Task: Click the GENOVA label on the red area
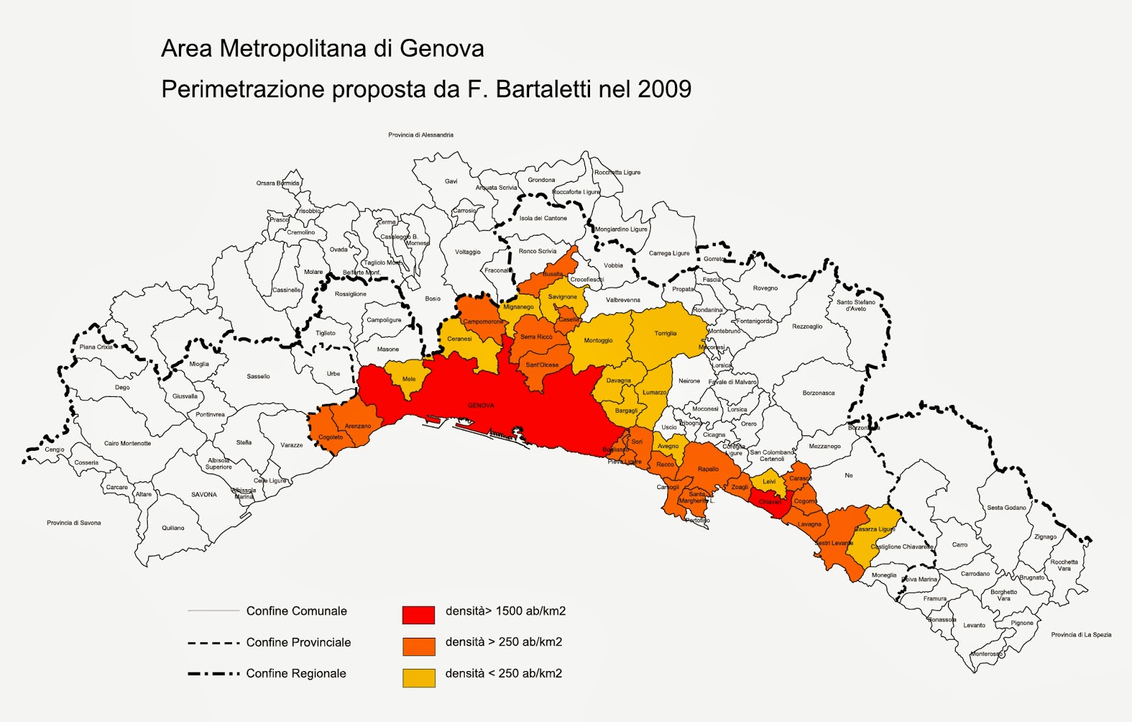click(480, 406)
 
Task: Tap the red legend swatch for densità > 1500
click(418, 614)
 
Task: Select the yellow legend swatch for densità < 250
click(418, 677)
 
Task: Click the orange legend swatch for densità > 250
click(418, 646)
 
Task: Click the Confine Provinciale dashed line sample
click(214, 643)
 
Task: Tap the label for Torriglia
click(665, 333)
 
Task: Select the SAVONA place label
click(204, 495)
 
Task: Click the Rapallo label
click(707, 469)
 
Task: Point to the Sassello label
click(258, 377)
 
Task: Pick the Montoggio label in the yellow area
click(598, 340)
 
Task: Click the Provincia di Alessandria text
click(420, 135)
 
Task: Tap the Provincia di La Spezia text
click(1080, 635)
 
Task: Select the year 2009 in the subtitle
click(664, 89)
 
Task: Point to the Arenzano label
click(357, 426)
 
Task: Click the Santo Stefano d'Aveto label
click(855, 305)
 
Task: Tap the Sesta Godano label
click(1006, 508)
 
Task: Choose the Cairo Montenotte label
click(127, 443)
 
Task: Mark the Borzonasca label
click(818, 393)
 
